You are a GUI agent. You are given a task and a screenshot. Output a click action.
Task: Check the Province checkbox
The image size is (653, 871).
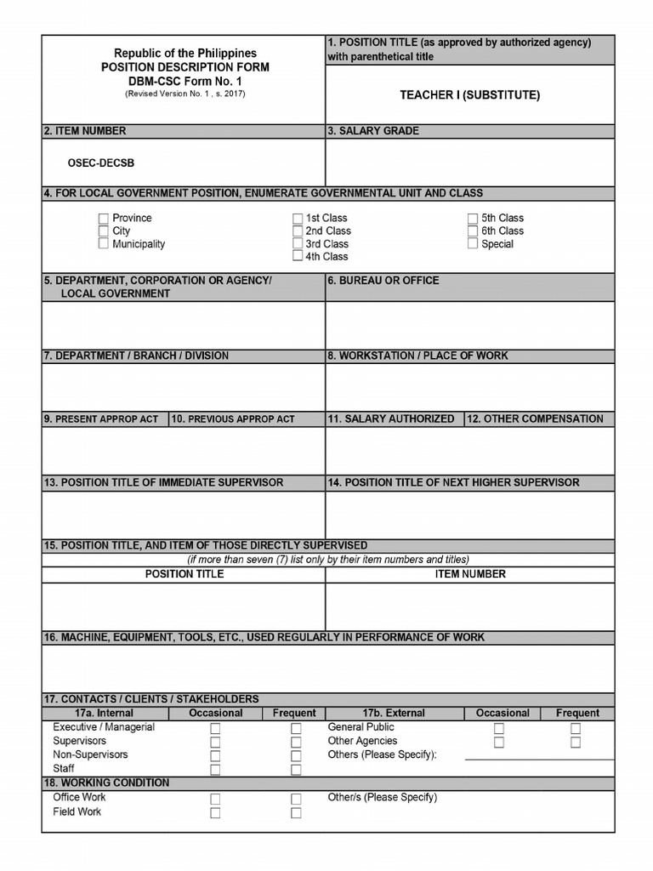click(104, 219)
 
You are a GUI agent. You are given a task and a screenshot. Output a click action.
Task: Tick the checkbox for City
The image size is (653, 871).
click(104, 231)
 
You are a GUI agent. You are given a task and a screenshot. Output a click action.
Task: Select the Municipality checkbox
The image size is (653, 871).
click(104, 244)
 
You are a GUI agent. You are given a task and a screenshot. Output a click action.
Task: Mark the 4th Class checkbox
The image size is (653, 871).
click(298, 256)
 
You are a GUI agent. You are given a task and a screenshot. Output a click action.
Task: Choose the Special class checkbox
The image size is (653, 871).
click(473, 244)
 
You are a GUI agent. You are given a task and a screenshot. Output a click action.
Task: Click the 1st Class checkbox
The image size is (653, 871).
click(298, 219)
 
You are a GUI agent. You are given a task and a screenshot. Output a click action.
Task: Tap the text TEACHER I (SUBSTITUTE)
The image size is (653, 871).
click(469, 95)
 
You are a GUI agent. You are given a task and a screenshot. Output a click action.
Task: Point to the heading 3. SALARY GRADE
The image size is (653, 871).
click(373, 131)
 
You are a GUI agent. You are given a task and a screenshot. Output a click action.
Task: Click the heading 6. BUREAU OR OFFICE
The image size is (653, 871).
click(383, 280)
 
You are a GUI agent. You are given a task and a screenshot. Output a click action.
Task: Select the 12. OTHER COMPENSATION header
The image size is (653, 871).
click(535, 418)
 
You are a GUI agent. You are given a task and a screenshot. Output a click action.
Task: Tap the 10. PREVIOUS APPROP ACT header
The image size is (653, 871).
click(233, 419)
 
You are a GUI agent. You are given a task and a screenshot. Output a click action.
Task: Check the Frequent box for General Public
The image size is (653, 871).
click(576, 728)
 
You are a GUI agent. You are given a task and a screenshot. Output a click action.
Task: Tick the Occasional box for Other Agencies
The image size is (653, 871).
click(499, 742)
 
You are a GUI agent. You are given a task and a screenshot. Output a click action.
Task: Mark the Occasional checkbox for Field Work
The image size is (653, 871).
click(215, 812)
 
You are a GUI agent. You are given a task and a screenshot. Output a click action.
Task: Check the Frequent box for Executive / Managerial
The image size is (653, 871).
click(296, 728)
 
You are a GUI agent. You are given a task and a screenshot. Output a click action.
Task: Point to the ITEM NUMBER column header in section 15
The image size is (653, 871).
click(470, 574)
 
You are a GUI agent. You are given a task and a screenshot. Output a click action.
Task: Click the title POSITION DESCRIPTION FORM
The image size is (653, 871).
click(185, 67)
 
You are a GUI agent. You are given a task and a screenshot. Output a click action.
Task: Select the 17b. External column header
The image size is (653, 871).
click(393, 713)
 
